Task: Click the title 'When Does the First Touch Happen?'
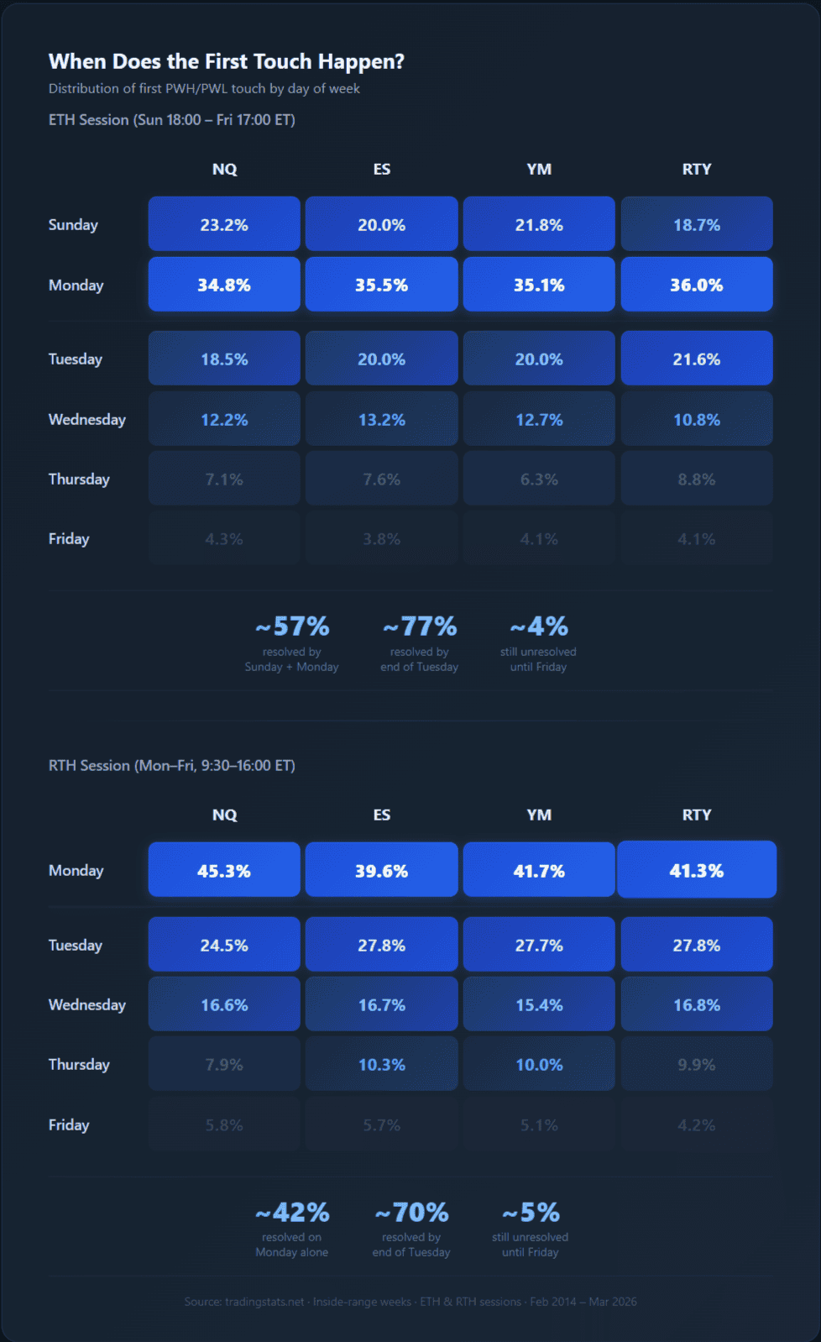(x=226, y=61)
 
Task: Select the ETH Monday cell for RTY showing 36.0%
(x=696, y=285)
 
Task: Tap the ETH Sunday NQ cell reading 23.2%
(x=224, y=224)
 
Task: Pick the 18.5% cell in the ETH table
(x=224, y=359)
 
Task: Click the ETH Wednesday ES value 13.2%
(x=381, y=419)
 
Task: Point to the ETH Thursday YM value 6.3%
(x=539, y=479)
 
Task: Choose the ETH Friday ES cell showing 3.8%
(x=381, y=538)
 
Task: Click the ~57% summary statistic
(x=292, y=626)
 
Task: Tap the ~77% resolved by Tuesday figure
(x=420, y=626)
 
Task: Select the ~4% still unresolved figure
(x=539, y=626)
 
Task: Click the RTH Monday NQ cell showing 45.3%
(x=224, y=871)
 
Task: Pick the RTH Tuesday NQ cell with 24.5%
(x=224, y=945)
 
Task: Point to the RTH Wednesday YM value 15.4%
(x=539, y=1004)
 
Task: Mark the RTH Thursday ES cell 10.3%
(x=381, y=1064)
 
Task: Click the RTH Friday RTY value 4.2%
(x=696, y=1124)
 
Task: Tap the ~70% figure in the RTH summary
(x=411, y=1213)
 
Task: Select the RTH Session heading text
(x=172, y=765)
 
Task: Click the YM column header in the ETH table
(x=539, y=169)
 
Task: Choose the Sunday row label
(x=73, y=224)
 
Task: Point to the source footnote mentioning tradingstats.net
(x=410, y=1302)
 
